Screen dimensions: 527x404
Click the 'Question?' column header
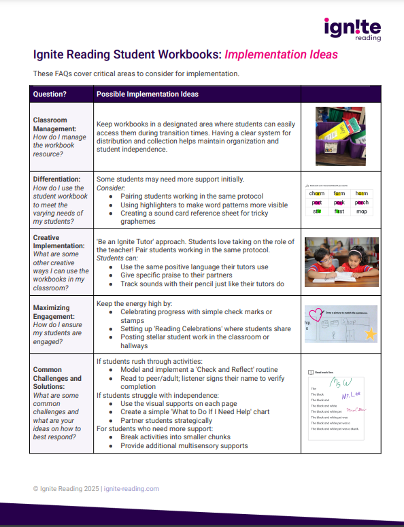click(x=50, y=94)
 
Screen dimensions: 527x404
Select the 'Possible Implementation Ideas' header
click(x=148, y=94)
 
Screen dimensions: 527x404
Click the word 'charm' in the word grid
click(x=317, y=194)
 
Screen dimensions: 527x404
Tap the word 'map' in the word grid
click(x=362, y=211)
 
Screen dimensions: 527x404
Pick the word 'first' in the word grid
click(x=339, y=211)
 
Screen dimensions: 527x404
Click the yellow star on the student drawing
click(x=370, y=334)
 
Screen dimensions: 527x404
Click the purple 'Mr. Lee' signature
click(x=350, y=395)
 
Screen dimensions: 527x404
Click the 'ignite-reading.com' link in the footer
click(x=131, y=488)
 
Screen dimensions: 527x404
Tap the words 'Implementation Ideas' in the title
click(x=281, y=54)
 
